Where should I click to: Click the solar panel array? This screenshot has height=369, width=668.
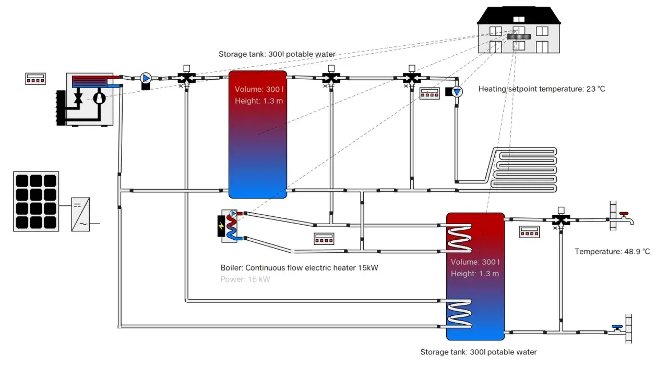point(36,201)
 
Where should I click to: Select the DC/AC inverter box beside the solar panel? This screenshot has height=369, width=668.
point(80,214)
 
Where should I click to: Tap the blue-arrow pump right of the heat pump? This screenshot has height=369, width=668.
point(146,78)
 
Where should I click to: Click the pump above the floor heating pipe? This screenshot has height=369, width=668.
point(457,92)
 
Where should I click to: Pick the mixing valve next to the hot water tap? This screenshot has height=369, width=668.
point(561,220)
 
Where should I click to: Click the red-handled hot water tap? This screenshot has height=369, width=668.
point(625,219)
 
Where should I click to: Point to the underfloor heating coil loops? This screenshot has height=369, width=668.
point(523,170)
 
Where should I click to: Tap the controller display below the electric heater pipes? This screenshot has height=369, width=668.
point(324,239)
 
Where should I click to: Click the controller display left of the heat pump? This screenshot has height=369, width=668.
point(35,79)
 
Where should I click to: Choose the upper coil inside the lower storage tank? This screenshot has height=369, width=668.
point(459,238)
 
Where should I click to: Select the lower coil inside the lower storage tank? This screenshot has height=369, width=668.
point(459,314)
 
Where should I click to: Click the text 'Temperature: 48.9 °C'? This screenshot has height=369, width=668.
point(612,252)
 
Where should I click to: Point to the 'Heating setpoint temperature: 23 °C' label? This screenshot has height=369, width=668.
point(542,89)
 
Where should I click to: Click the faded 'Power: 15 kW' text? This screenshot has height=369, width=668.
point(245,279)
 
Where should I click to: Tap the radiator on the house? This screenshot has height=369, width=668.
point(519,37)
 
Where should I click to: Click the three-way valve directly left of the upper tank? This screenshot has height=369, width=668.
point(187,78)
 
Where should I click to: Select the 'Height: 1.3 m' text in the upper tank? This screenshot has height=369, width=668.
point(259,101)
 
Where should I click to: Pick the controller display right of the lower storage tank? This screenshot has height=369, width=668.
point(529,232)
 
